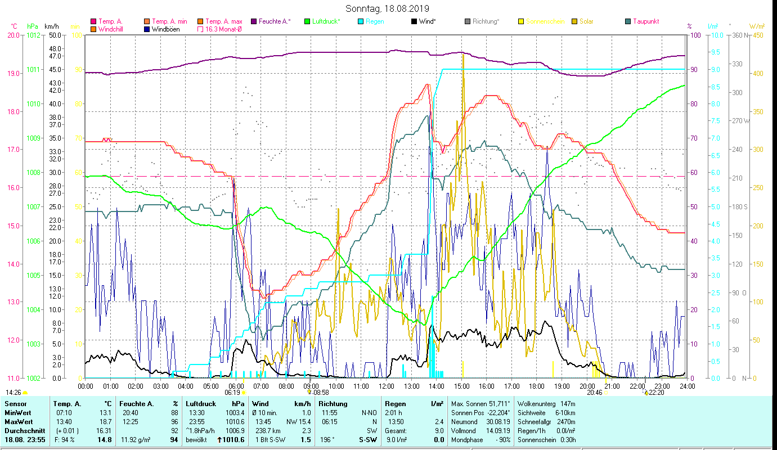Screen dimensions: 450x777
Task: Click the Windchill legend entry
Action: [x=110, y=29]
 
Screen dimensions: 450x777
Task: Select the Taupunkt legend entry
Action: [x=645, y=21]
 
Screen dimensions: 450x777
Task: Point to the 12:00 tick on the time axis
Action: [x=387, y=386]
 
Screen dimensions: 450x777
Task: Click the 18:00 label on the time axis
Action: [x=537, y=386]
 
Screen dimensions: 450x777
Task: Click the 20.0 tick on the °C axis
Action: [x=13, y=35]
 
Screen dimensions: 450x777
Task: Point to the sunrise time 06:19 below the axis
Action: [x=232, y=392]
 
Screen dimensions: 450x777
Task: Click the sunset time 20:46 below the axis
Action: [x=595, y=392]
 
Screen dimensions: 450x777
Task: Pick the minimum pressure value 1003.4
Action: [x=235, y=412]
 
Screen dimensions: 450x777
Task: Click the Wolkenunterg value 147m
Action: [x=568, y=403]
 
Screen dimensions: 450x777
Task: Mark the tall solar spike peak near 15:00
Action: [x=462, y=55]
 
